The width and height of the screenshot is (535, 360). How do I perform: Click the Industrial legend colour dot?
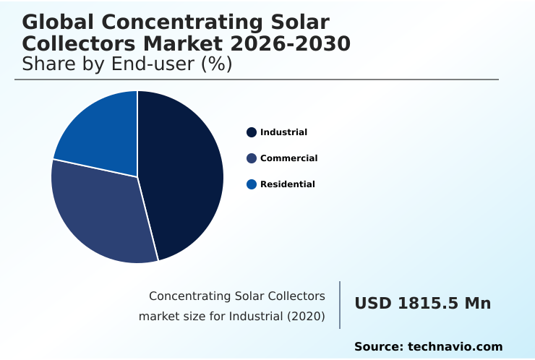(x=252, y=132)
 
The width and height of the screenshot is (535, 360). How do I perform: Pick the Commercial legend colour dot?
(x=252, y=158)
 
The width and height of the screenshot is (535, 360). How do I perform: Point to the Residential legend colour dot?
(x=252, y=184)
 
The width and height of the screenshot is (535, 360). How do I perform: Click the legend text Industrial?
(x=283, y=132)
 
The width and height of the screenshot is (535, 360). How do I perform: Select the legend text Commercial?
(x=288, y=158)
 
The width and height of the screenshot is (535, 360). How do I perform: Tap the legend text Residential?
(x=287, y=184)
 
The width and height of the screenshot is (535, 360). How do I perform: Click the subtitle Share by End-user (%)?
(x=127, y=64)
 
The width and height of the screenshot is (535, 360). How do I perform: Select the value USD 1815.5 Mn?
(x=422, y=304)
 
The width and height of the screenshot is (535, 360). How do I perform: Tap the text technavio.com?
(x=455, y=347)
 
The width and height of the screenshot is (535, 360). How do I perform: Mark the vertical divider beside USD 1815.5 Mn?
(x=340, y=305)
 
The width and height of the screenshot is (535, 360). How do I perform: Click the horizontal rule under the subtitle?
(x=257, y=80)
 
